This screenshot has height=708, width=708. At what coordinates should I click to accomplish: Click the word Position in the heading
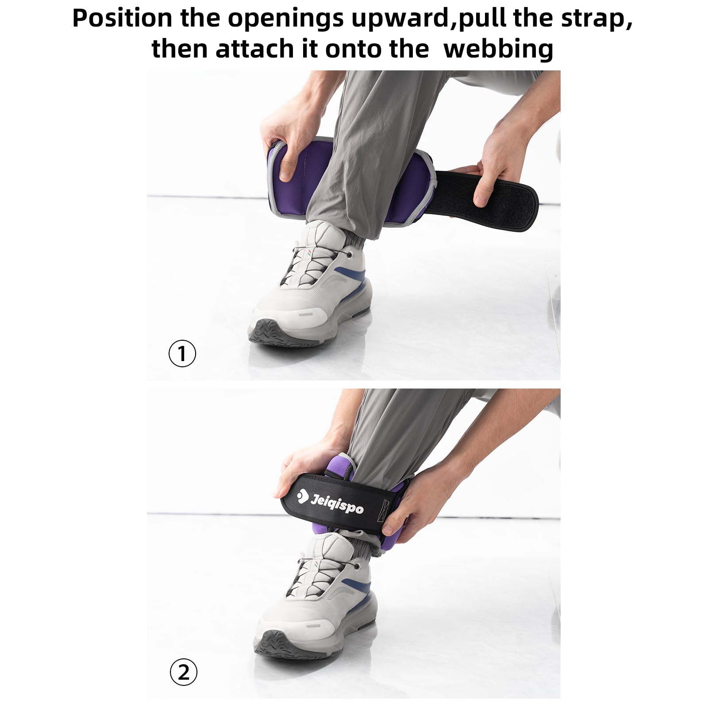click(x=122, y=19)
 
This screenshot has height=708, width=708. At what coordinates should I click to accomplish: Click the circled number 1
click(x=182, y=353)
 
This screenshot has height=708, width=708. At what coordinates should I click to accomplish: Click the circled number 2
click(x=183, y=672)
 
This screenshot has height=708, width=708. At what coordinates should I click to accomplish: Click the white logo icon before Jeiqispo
click(x=302, y=496)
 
